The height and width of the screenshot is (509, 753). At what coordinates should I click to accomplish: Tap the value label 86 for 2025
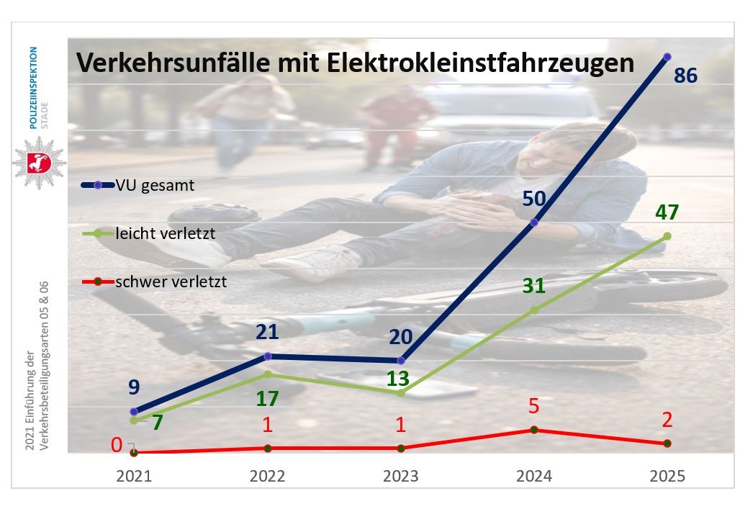[x=685, y=74]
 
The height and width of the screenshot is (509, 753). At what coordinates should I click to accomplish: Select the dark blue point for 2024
[x=533, y=222]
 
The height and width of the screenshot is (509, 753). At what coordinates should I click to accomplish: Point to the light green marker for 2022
[x=268, y=374]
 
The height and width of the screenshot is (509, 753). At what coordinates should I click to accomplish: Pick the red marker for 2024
[x=533, y=430]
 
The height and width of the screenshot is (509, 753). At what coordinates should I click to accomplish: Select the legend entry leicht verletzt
[x=164, y=233]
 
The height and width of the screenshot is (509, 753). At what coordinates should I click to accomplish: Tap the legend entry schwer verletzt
[x=170, y=281]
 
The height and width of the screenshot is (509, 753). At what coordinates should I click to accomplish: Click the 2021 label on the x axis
[x=134, y=476]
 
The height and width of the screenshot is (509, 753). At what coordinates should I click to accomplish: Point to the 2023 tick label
[x=400, y=476]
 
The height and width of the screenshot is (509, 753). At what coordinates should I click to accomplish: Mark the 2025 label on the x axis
[x=667, y=476]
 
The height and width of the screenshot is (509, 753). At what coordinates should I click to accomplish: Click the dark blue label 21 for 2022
[x=268, y=332]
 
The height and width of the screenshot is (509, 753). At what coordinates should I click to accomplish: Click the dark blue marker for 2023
[x=401, y=361]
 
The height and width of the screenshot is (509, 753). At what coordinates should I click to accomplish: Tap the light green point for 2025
[x=667, y=236]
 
